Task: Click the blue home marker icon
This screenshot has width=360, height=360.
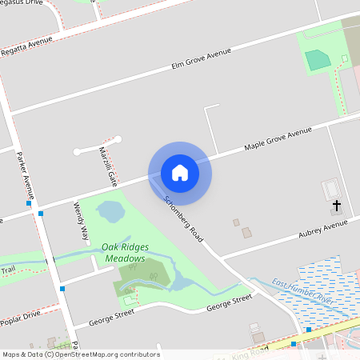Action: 180,173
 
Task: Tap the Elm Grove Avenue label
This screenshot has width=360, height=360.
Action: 202,58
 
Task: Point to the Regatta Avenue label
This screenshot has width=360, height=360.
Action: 26,47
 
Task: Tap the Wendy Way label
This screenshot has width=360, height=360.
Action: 81,222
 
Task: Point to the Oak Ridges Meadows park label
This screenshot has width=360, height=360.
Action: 123,254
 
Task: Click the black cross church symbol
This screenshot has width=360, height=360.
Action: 336,207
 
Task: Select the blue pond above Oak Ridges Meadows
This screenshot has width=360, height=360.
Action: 110,212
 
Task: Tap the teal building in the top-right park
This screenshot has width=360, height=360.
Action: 318,59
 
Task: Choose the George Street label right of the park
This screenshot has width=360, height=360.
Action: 230,303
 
